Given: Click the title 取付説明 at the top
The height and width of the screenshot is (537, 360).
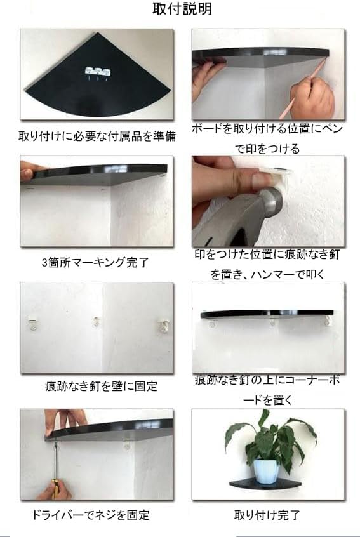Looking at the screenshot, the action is coord(182,9).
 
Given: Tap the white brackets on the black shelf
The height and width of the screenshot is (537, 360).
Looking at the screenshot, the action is coord(98,71).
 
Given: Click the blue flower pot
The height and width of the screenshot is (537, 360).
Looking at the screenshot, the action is coord(267,471).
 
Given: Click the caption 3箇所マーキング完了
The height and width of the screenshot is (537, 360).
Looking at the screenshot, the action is coord(95,263).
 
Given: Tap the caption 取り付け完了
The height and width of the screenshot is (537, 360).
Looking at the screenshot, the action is coord(267,515).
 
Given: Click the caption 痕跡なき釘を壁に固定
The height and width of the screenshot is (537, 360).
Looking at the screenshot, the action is coord(101,387).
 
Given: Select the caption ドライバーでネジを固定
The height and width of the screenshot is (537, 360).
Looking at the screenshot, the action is coord(90,515).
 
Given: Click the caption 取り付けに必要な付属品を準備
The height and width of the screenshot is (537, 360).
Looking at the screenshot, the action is coord(97,136).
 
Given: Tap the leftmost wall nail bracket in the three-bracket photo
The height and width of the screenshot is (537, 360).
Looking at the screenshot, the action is coord(33,324).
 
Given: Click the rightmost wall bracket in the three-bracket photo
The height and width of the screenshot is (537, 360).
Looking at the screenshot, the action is coord(164,326).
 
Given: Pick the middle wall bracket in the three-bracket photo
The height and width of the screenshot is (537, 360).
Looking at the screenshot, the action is coord(97,322).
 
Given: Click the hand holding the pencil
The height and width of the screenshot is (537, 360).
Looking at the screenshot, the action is coord(312,97).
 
